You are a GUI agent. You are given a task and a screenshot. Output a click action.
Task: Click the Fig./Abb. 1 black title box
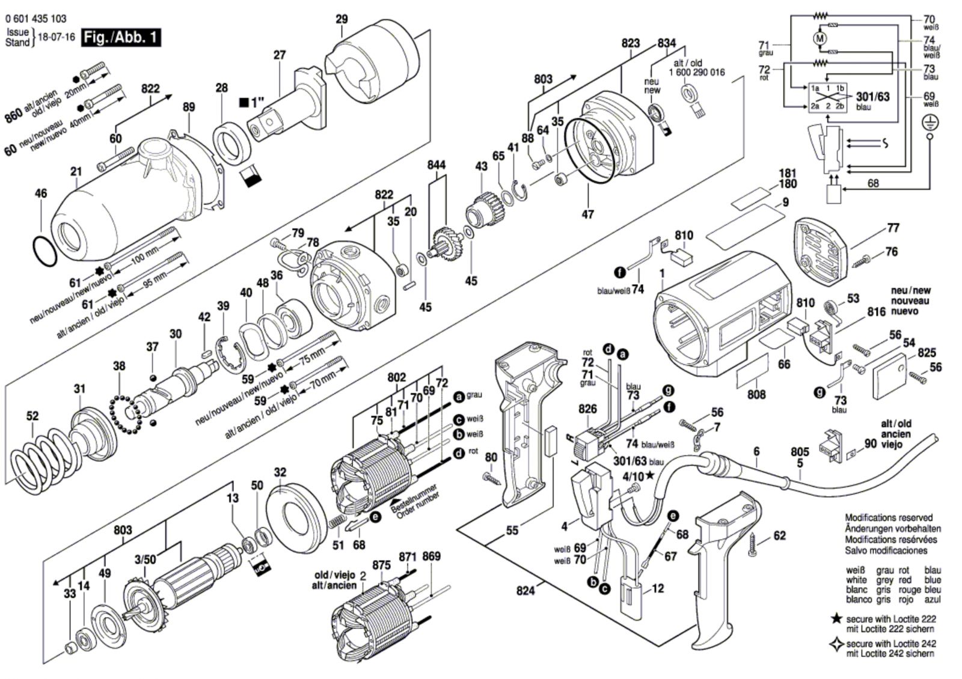click(122, 37)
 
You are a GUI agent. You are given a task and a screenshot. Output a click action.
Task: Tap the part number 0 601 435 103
click(36, 19)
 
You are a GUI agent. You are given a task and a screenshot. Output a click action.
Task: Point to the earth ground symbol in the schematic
click(931, 123)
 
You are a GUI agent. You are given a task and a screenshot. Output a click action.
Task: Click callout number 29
click(342, 19)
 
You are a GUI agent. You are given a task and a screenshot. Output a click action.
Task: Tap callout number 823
click(631, 43)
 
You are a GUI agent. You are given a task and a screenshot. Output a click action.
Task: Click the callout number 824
click(525, 591)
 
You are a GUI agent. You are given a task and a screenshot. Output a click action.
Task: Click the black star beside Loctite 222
click(836, 619)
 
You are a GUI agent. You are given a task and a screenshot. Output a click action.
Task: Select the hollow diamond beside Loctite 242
click(836, 645)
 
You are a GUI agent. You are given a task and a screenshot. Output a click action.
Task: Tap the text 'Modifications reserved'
click(889, 517)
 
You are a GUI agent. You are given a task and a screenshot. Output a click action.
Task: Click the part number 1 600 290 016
click(696, 72)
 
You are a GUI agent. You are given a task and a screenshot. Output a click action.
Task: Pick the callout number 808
click(756, 394)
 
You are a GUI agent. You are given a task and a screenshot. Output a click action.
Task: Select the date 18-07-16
click(56, 37)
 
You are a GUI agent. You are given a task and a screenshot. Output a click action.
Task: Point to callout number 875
click(382, 565)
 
